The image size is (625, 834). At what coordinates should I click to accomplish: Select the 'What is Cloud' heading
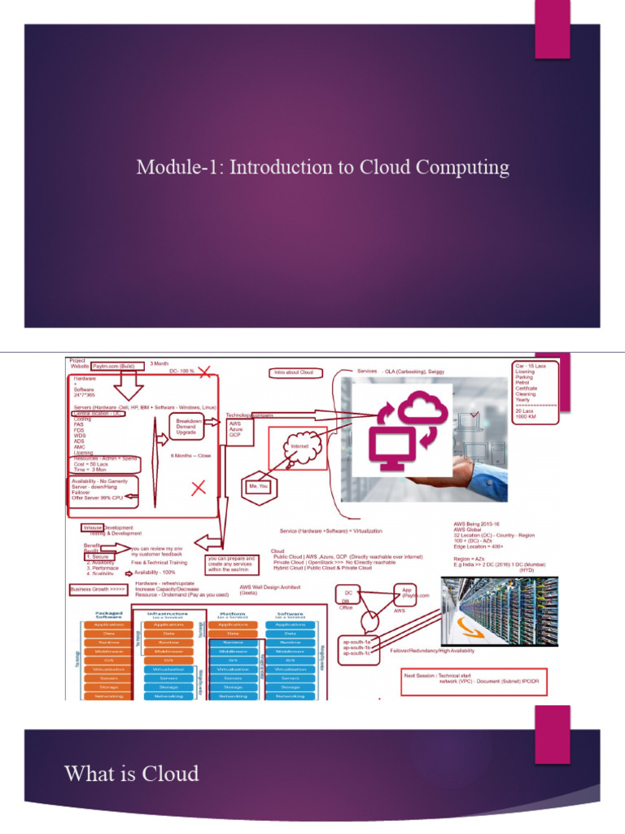coord(131,773)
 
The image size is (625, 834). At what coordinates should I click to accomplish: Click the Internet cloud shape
coord(299,446)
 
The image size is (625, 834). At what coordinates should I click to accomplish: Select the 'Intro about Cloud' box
coord(298,373)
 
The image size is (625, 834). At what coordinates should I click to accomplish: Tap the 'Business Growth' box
coord(98,588)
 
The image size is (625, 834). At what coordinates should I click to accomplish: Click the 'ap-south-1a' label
coord(356,642)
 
